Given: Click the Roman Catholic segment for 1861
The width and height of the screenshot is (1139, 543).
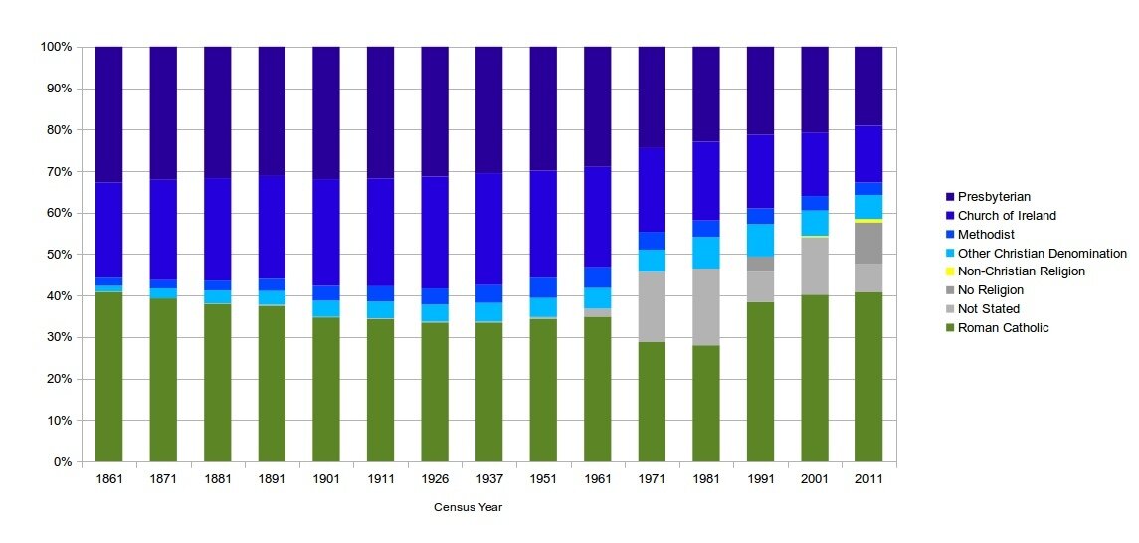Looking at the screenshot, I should [x=108, y=377].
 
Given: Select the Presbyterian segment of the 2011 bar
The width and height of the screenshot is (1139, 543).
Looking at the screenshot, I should [x=868, y=86].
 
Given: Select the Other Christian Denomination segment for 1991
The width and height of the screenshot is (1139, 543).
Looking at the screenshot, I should [x=760, y=240].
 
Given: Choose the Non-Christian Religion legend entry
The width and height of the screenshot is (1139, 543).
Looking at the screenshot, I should [x=1021, y=271].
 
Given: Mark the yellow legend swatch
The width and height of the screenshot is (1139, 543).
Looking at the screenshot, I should [x=949, y=271].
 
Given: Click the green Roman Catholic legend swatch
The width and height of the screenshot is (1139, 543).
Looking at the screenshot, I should [x=949, y=328].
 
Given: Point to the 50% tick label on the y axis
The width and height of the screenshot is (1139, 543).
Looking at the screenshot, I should [x=56, y=255].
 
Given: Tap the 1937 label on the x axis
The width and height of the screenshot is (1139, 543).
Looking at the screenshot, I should [x=488, y=479].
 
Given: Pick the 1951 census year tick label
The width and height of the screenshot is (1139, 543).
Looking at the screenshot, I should [x=543, y=479].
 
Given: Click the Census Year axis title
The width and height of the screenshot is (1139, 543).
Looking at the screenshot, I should [x=468, y=507].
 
